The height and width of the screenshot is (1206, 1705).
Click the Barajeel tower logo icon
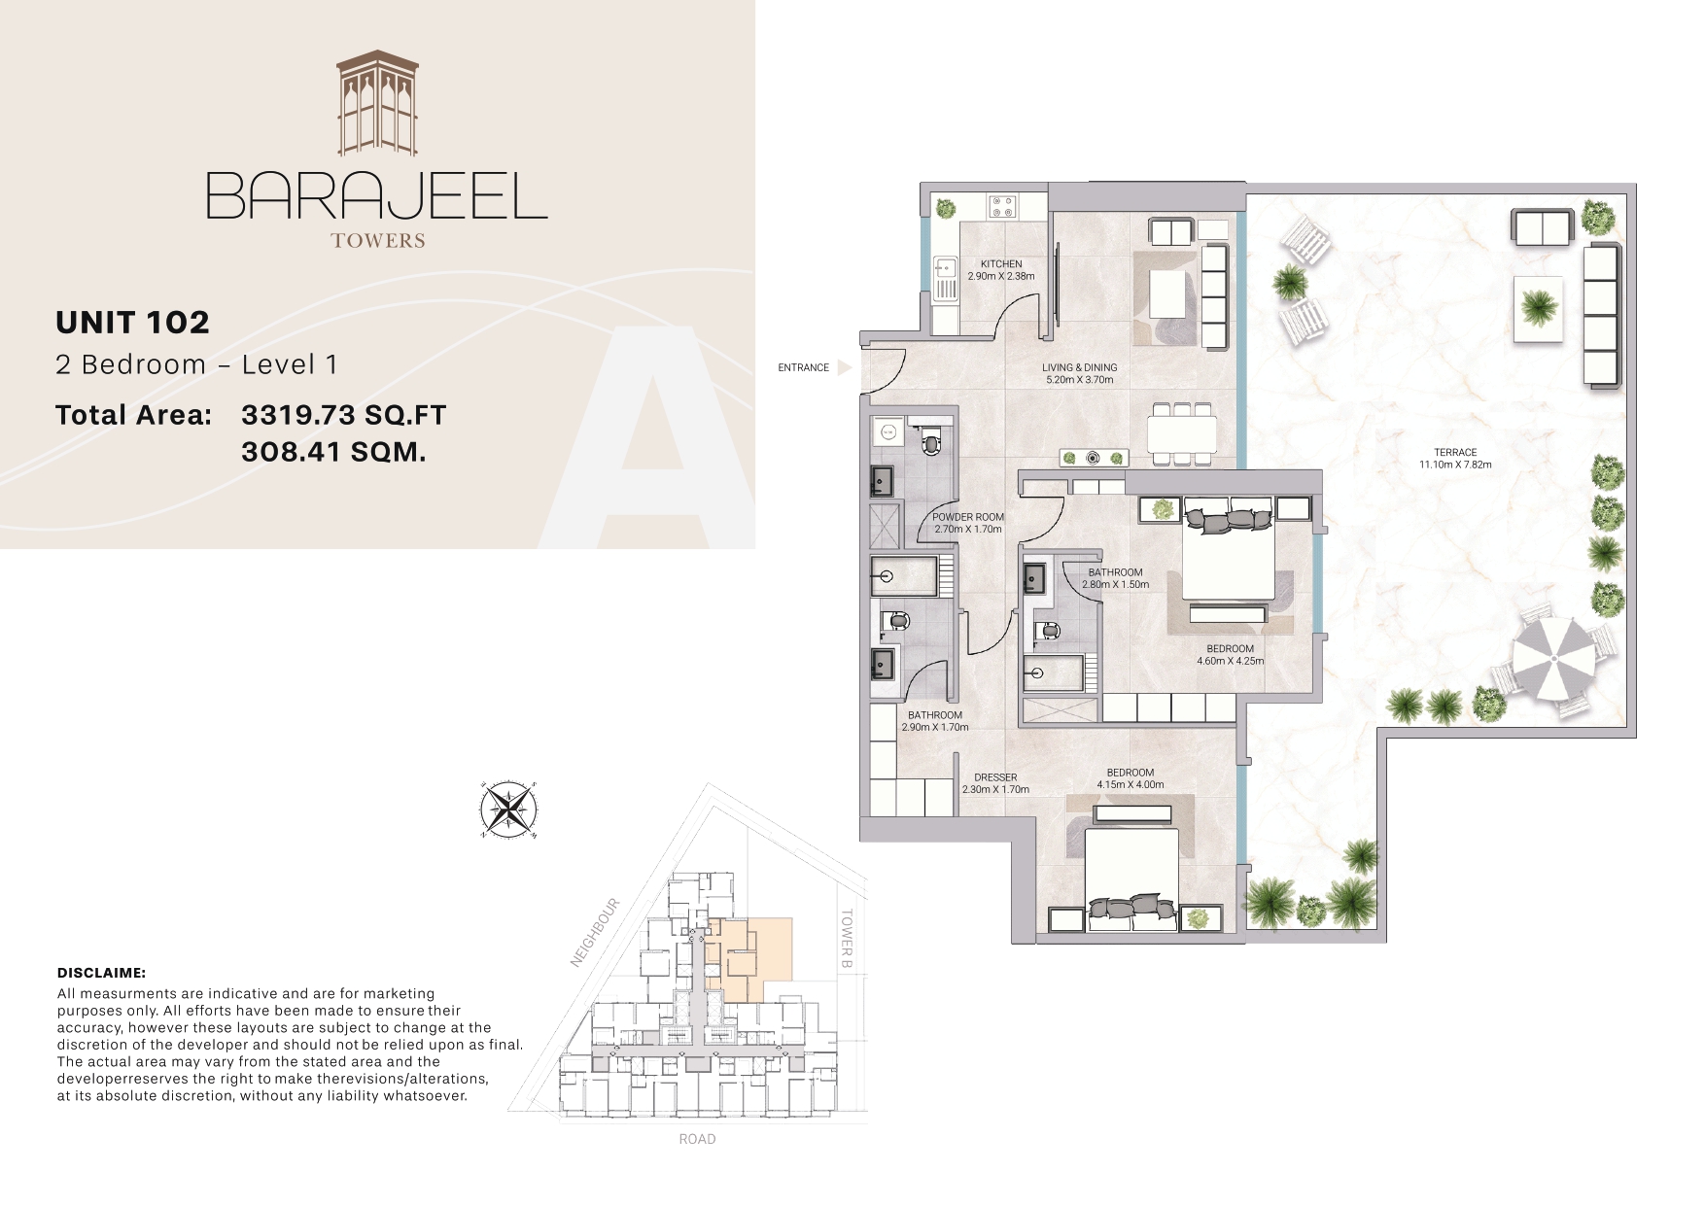(377, 103)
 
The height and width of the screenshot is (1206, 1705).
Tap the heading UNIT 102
(132, 323)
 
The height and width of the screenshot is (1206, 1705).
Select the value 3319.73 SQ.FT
(343, 415)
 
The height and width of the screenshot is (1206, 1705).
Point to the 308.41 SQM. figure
(333, 452)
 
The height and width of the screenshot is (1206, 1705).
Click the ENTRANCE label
(803, 368)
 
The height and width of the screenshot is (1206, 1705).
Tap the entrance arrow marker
(844, 368)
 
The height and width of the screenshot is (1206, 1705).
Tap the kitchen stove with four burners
(1002, 206)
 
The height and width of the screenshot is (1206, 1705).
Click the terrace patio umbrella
(1553, 658)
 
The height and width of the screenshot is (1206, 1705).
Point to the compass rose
(508, 810)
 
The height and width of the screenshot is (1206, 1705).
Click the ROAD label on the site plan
(697, 1139)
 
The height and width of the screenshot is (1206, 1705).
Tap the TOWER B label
(846, 939)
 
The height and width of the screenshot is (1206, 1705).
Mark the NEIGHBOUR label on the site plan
(595, 933)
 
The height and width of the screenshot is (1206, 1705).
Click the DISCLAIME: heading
(101, 973)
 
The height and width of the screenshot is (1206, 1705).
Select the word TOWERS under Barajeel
(377, 240)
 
